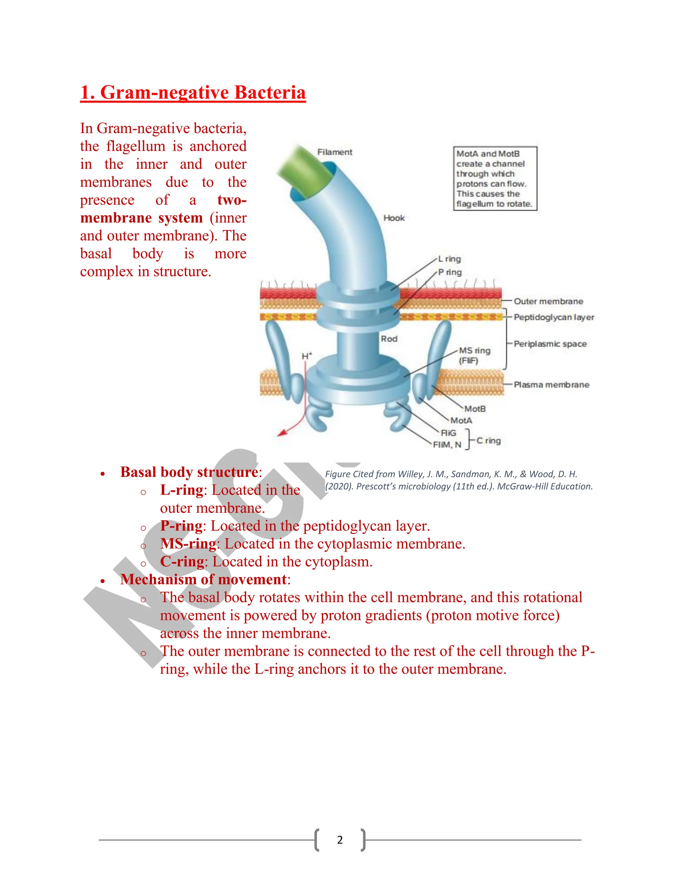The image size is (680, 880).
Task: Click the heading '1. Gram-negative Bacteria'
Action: tap(193, 93)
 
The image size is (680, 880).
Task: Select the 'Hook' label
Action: tap(393, 218)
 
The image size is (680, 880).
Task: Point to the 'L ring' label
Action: tap(450, 259)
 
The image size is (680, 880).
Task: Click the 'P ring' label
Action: tap(450, 272)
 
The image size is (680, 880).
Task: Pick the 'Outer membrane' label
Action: tap(548, 302)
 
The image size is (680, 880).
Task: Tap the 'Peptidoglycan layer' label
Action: tap(554, 317)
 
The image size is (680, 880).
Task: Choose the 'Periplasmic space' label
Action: tap(550, 344)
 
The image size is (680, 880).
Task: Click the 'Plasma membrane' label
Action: tap(551, 385)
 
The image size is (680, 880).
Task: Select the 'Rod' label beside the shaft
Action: tap(389, 339)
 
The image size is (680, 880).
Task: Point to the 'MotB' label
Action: tap(475, 409)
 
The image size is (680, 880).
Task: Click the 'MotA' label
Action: tap(461, 421)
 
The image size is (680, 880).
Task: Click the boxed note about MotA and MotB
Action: tap(495, 179)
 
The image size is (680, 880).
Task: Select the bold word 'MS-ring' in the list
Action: tap(189, 544)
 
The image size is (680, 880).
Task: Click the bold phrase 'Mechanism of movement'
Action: tap(204, 580)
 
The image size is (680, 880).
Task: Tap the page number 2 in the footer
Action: tap(340, 840)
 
